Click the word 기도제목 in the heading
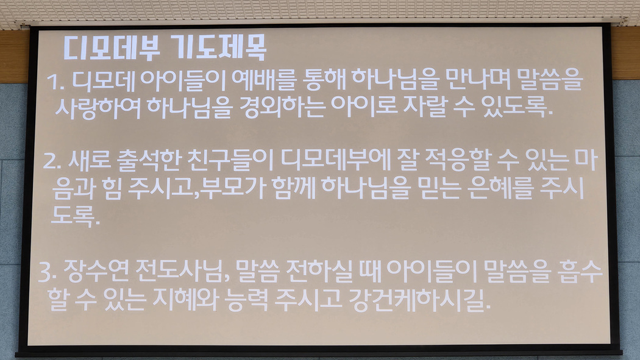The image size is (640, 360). point(218,48)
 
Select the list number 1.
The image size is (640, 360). point(55,82)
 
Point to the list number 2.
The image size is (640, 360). point(52,161)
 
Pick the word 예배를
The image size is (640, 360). point(263,80)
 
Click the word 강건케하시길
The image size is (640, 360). point(419,300)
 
